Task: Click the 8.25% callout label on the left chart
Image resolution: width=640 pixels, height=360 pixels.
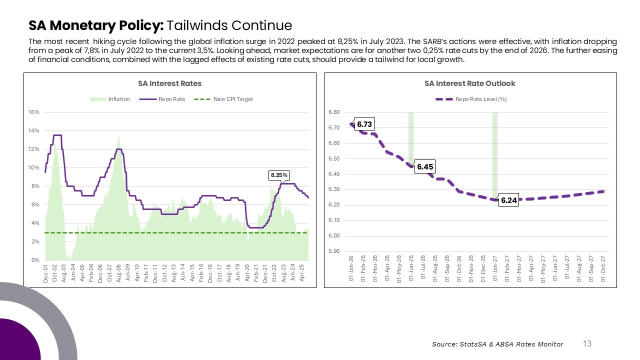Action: click(278, 175)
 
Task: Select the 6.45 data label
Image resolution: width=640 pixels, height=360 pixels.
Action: click(425, 167)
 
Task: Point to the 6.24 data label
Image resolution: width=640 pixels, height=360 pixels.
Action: click(509, 200)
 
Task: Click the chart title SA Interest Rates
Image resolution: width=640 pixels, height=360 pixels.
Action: click(169, 83)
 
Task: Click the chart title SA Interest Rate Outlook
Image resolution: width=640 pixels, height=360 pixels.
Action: click(469, 83)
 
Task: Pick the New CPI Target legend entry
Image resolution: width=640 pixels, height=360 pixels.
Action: click(233, 99)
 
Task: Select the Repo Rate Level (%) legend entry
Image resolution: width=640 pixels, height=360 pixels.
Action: click(480, 99)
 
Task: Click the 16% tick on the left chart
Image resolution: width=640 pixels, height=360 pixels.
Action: click(34, 112)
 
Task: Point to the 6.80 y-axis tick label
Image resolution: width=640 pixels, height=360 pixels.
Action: click(334, 112)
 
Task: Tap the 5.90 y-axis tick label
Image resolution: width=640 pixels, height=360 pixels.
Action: click(334, 251)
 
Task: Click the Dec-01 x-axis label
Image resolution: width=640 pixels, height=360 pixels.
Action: click(46, 274)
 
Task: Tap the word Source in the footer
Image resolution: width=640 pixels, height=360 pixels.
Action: click(444, 344)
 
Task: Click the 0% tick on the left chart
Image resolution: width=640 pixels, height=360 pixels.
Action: click(35, 260)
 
